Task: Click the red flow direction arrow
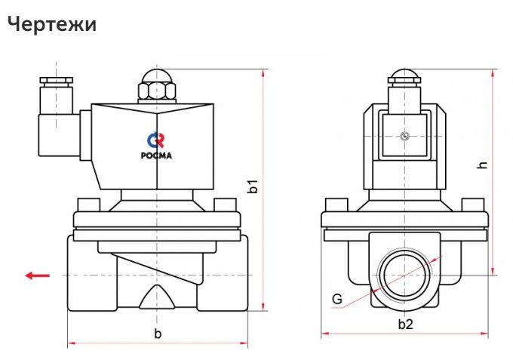pos(37,275)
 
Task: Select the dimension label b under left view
pos(157,333)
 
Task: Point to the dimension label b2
pos(405,325)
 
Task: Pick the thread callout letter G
pos(336,299)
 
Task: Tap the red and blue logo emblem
pos(157,140)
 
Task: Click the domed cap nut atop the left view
pos(157,77)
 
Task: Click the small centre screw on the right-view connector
pos(405,137)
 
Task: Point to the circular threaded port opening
pos(405,275)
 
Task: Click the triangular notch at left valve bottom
pos(157,296)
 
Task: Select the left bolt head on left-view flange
pos(89,205)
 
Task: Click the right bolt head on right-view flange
pos(473,205)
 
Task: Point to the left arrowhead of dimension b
pos(72,343)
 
